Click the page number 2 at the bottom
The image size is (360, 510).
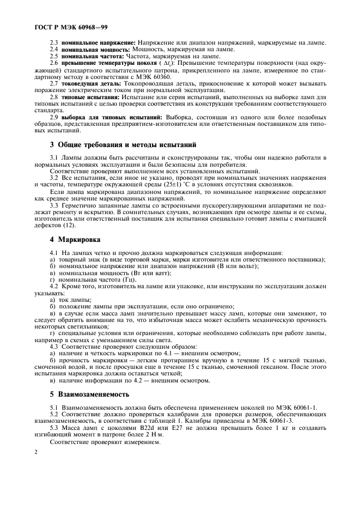point(35,452)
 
